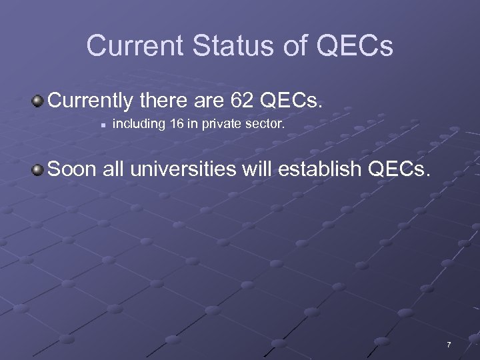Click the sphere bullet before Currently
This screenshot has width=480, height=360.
click(38, 101)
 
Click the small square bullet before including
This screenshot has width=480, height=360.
click(98, 124)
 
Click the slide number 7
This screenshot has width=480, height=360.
click(449, 345)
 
